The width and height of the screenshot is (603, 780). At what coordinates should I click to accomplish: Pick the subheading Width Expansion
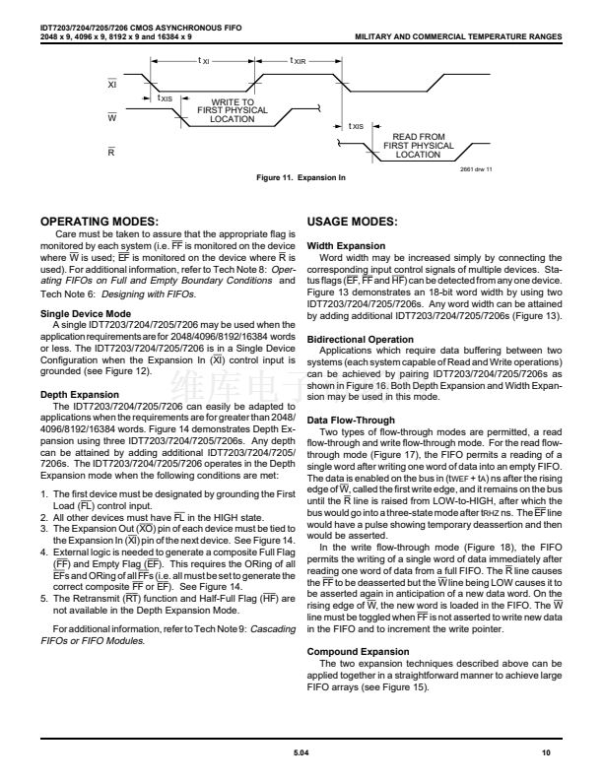pos(342,244)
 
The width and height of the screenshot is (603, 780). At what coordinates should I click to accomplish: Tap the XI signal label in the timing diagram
pos(110,85)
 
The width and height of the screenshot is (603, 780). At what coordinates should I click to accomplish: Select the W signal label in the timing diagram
pos(110,117)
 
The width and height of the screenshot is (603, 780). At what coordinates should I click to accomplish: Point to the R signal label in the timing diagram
pos(110,151)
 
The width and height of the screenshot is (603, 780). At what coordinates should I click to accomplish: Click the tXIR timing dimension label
pos(298,61)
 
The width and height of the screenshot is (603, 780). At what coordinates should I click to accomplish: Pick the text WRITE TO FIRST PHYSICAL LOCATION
pos(233,110)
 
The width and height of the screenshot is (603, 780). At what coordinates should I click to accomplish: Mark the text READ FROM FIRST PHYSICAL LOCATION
pos(419,146)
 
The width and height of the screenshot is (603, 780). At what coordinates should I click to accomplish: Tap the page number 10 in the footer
pos(557,750)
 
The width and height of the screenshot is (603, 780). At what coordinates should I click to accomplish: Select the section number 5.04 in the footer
pos(301,750)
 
